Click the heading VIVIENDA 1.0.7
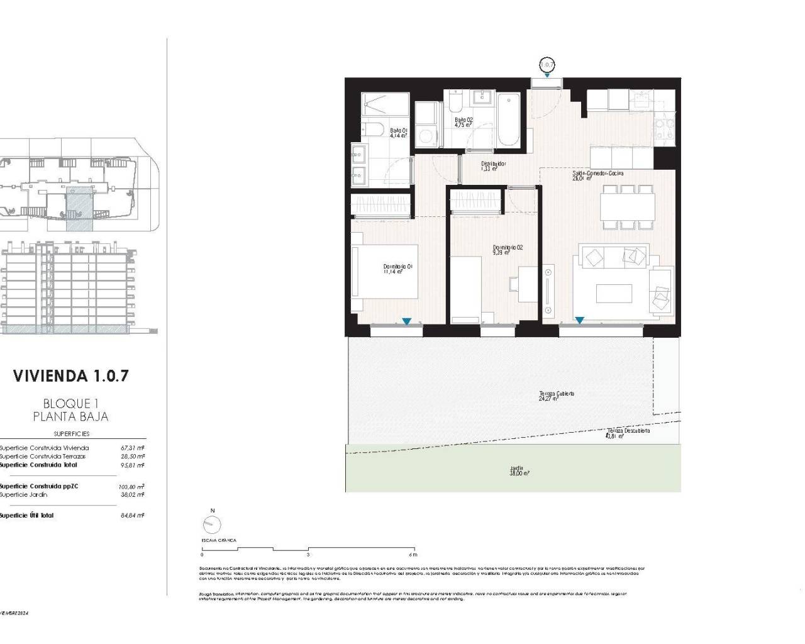71,376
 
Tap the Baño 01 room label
398,133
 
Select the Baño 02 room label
464,122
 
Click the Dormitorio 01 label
397,269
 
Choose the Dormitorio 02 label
508,250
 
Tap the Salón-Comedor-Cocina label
597,175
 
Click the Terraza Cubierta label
556,396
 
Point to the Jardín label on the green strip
519,470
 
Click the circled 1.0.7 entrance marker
547,64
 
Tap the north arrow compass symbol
213,525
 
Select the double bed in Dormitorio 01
385,271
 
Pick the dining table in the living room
627,207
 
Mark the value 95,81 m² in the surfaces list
132,465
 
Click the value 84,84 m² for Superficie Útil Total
132,516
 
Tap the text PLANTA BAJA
70,416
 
